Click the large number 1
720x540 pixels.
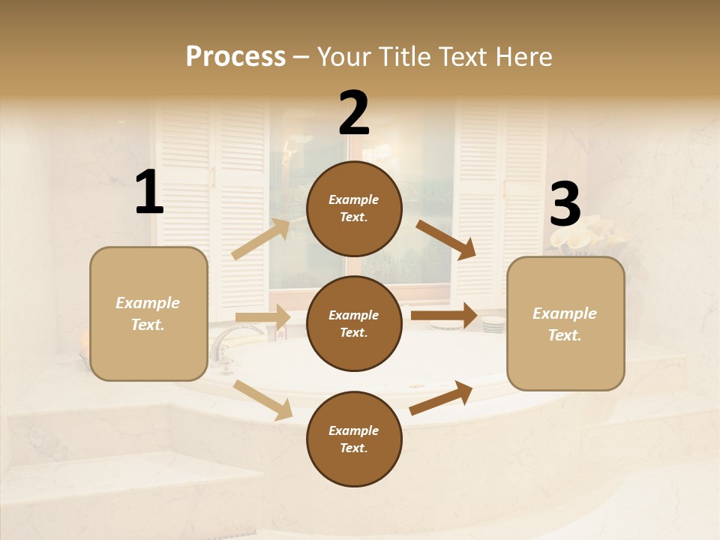pyautogui.click(x=149, y=193)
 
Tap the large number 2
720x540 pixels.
pyautogui.click(x=354, y=113)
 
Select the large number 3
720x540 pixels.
pyautogui.click(x=565, y=205)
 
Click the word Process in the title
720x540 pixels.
pyautogui.click(x=235, y=56)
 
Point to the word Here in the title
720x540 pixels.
pyautogui.click(x=523, y=56)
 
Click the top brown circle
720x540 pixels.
pyautogui.click(x=354, y=208)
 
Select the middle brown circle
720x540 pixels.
pyautogui.click(x=354, y=323)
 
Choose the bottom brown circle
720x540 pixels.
pyautogui.click(x=354, y=439)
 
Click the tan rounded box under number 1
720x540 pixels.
pyautogui.click(x=148, y=313)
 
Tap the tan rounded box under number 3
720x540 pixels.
pyautogui.click(x=565, y=323)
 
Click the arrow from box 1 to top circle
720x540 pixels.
pyautogui.click(x=261, y=239)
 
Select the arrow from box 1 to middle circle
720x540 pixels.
pyautogui.click(x=262, y=317)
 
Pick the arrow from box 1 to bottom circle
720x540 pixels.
pyautogui.click(x=263, y=400)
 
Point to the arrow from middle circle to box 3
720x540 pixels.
pyautogui.click(x=443, y=315)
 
